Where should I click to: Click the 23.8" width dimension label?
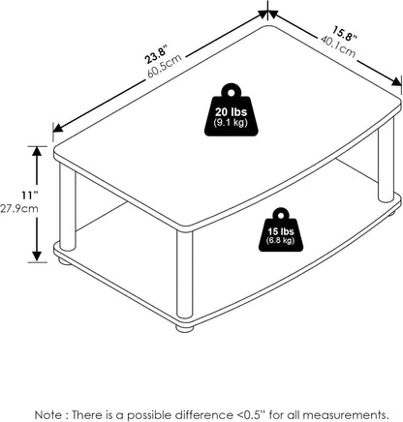click(157, 54)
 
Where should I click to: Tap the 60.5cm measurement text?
click(165, 66)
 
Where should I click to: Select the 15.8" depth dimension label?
click(345, 35)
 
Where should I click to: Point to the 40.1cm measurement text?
click(338, 47)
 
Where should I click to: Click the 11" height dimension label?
click(30, 196)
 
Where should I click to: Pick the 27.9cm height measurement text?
click(19, 208)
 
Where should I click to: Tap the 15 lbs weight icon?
click(281, 229)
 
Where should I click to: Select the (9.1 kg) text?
click(231, 123)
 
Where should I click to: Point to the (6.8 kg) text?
click(281, 240)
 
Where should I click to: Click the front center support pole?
click(184, 278)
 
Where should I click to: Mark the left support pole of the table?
click(68, 207)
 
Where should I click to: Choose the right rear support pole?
click(386, 161)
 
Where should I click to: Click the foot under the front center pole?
click(185, 328)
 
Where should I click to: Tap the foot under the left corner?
click(66, 261)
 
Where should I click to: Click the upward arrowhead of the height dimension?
click(37, 152)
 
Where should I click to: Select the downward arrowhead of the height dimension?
click(37, 256)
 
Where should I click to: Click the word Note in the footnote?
click(48, 414)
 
